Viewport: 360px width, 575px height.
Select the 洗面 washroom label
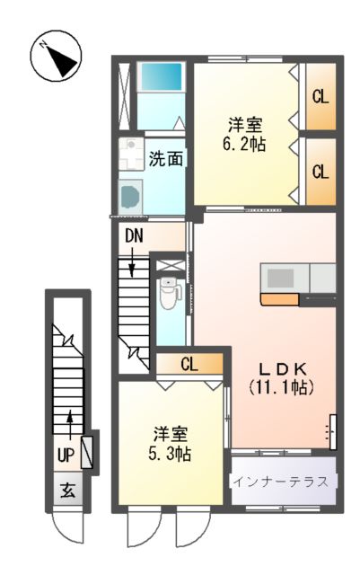click(x=165, y=160)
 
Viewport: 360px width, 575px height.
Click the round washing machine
click(x=131, y=193)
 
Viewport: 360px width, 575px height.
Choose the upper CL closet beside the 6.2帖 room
click(x=320, y=95)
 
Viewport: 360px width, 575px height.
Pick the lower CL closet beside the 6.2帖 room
click(x=320, y=170)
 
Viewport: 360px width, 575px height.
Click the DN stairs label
click(x=134, y=236)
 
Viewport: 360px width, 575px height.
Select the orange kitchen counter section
click(x=280, y=298)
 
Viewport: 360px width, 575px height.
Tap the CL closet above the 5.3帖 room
click(x=189, y=364)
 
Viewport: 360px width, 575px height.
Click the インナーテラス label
click(x=284, y=482)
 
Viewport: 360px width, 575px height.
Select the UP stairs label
click(x=66, y=455)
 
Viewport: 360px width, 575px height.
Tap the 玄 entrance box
click(x=67, y=491)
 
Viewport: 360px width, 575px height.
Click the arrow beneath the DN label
click(x=134, y=263)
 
